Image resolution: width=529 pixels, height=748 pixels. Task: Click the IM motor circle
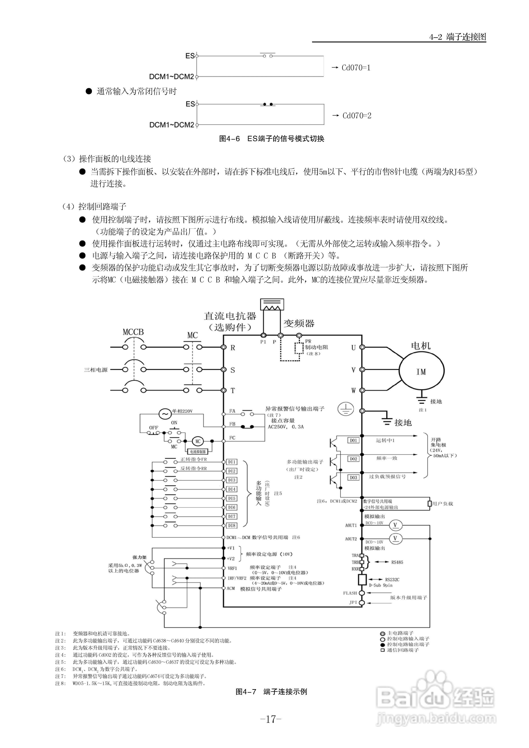point(421,372)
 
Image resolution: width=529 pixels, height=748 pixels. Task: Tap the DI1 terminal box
point(232,462)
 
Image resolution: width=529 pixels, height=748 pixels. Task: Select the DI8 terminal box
point(232,525)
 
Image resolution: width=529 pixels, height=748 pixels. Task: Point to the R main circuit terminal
point(224,347)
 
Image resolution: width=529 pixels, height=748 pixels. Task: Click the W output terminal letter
point(353,390)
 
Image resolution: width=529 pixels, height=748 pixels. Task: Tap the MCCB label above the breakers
point(133,332)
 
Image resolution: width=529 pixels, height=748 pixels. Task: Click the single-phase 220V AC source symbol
point(165,414)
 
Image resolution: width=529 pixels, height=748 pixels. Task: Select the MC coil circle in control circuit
point(198,442)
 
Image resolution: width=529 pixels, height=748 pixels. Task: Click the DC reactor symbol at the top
point(272,305)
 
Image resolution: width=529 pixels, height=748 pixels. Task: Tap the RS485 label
point(397,562)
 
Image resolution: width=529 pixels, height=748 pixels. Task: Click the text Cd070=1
point(356,68)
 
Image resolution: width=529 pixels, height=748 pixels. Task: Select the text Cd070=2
point(357,116)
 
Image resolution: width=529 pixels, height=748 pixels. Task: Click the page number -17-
point(271,719)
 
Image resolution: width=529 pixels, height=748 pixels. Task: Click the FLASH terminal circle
point(361,593)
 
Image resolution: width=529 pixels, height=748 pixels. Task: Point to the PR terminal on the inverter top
point(299,335)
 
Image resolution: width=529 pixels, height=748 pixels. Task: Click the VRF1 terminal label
point(232,569)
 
